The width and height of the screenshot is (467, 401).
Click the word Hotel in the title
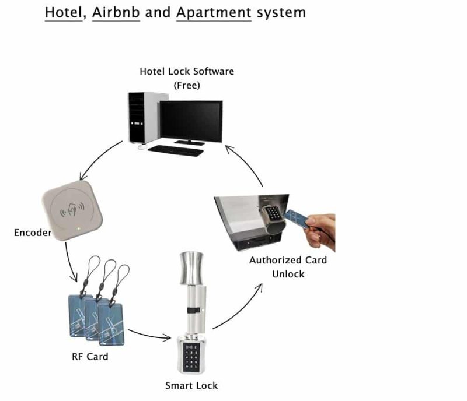tap(65, 12)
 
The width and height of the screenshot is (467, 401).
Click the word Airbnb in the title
tap(116, 12)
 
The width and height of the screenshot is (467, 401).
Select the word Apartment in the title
tap(214, 12)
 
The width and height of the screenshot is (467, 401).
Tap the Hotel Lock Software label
tap(187, 71)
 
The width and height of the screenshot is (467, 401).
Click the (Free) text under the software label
tap(187, 85)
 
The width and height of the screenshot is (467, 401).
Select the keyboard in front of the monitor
tap(175, 149)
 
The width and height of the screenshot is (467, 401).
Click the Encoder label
tap(32, 233)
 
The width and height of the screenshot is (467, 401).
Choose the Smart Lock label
tap(191, 385)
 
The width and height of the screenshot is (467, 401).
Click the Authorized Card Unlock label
tap(288, 267)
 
